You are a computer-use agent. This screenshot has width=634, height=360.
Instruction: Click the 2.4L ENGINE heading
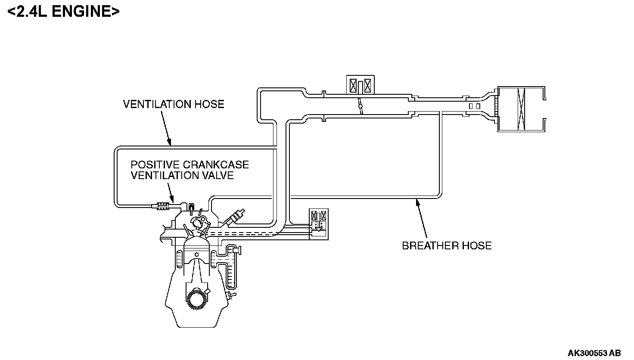63,12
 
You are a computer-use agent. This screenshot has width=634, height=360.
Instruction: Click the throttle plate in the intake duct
360,106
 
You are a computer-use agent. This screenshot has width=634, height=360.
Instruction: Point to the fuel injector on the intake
236,216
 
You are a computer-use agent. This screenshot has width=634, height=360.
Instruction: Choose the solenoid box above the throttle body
361,85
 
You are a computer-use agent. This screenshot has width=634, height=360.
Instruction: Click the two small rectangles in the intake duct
475,106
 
